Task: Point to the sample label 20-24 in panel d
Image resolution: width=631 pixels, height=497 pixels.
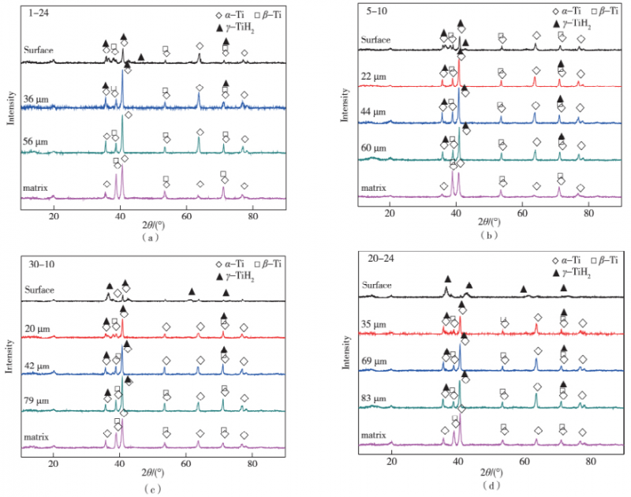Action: tap(377, 256)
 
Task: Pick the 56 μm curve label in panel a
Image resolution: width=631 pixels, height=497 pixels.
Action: tap(36, 142)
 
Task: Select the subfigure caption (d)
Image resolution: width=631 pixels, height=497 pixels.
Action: tap(492, 484)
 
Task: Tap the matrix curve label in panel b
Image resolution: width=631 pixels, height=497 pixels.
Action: tap(375, 189)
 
